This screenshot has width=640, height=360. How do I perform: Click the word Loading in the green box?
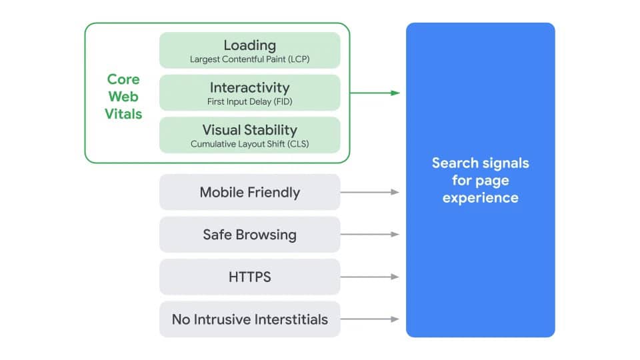(x=249, y=45)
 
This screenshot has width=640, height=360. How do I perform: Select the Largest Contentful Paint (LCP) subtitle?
(x=249, y=59)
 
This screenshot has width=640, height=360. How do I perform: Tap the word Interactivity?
(x=249, y=87)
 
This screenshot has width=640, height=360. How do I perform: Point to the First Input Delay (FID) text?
(x=249, y=102)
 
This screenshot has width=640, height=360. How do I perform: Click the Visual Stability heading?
(x=249, y=129)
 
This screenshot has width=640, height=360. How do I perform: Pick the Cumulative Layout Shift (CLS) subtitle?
(x=249, y=143)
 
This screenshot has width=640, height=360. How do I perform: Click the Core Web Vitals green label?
(x=123, y=97)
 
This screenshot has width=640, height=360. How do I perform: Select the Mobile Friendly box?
(x=249, y=193)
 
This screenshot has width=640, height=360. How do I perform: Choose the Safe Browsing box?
(x=249, y=235)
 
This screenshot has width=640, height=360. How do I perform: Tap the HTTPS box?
(x=249, y=277)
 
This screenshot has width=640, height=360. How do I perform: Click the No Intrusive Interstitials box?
(x=249, y=319)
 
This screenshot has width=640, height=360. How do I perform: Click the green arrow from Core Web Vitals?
(x=375, y=93)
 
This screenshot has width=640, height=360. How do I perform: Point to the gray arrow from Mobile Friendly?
(x=370, y=192)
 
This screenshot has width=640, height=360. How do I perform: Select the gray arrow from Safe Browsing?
(x=370, y=235)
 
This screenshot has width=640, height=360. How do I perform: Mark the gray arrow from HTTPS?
(x=370, y=277)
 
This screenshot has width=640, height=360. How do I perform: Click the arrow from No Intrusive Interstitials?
(x=370, y=319)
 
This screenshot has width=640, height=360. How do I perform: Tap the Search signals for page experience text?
(x=480, y=180)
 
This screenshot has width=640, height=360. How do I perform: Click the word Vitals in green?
(x=123, y=114)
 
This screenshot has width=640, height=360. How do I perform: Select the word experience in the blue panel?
(x=480, y=198)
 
